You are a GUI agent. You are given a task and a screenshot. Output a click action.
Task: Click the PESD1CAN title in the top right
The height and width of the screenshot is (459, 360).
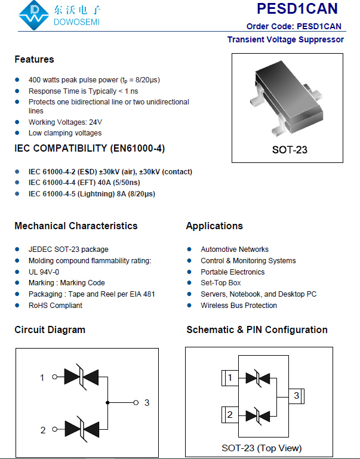[x=297, y=9]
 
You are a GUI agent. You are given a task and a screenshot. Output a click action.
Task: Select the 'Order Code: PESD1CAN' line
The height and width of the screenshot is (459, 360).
[x=294, y=26]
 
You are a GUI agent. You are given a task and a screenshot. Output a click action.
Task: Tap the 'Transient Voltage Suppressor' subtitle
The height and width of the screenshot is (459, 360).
[x=285, y=39]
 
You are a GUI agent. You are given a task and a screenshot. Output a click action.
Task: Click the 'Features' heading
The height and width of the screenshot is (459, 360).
[x=34, y=59]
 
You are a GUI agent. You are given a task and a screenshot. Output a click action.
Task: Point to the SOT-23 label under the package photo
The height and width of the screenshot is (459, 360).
[x=290, y=150]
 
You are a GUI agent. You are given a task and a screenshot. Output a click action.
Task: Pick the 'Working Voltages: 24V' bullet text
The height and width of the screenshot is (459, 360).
[x=65, y=122]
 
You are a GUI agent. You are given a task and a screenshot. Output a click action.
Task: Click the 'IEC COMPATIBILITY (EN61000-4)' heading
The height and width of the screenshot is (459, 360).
[x=90, y=148]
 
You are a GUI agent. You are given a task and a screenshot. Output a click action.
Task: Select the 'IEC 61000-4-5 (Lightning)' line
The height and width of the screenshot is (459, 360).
[x=92, y=194]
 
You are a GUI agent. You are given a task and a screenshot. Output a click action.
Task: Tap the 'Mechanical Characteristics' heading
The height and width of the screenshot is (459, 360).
[x=76, y=226]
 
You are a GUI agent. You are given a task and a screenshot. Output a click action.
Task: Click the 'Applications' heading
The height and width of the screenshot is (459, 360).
[x=214, y=226]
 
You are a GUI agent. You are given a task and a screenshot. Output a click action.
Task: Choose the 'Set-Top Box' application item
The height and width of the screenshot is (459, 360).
[x=221, y=283]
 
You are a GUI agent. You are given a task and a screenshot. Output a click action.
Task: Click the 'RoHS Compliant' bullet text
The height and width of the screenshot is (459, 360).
[x=56, y=306]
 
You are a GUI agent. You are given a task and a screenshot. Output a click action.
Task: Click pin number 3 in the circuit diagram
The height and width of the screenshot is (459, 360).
[x=147, y=402]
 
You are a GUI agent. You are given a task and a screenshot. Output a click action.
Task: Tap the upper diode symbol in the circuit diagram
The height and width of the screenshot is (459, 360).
[x=81, y=377]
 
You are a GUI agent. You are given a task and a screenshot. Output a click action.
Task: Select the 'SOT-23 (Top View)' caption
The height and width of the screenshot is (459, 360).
[x=261, y=448]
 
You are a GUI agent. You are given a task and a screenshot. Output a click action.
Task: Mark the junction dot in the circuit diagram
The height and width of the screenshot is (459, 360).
[x=107, y=402]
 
